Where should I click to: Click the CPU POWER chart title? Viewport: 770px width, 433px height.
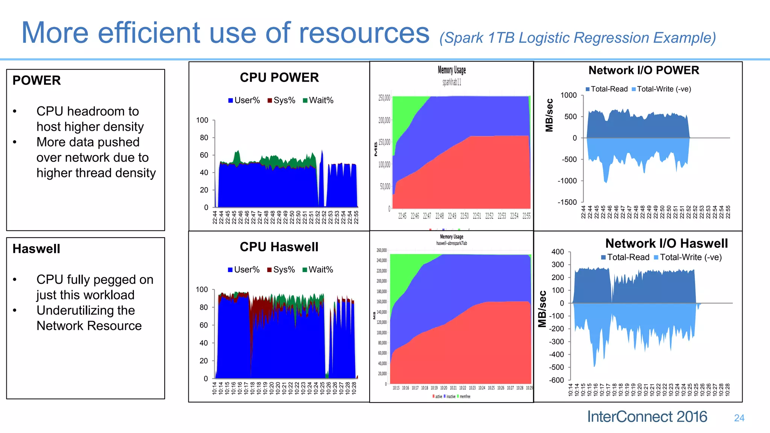pyautogui.click(x=279, y=78)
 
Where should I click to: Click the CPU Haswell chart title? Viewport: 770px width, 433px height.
pyautogui.click(x=279, y=247)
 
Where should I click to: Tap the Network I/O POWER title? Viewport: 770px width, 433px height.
pyautogui.click(x=644, y=70)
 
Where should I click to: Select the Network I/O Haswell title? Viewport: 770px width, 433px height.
pyautogui.click(x=666, y=244)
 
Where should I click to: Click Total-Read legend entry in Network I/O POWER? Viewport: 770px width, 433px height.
pyautogui.click(x=606, y=89)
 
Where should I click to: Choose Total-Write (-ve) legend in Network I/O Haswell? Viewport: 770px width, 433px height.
pyautogui.click(x=688, y=257)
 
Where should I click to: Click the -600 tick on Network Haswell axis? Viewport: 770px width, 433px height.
pyautogui.click(x=556, y=380)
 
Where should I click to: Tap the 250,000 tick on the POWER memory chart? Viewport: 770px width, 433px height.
pyautogui.click(x=384, y=98)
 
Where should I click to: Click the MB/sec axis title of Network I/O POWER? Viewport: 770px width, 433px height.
pyautogui.click(x=549, y=115)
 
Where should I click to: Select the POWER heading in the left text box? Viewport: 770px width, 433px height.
pyautogui.click(x=36, y=80)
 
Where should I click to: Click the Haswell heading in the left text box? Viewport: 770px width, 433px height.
pyautogui.click(x=36, y=249)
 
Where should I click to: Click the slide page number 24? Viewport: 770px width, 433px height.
pyautogui.click(x=739, y=418)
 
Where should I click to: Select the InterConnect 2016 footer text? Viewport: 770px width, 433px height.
pyautogui.click(x=647, y=417)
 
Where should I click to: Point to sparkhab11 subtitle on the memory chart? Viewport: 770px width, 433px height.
pyautogui.click(x=452, y=82)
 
